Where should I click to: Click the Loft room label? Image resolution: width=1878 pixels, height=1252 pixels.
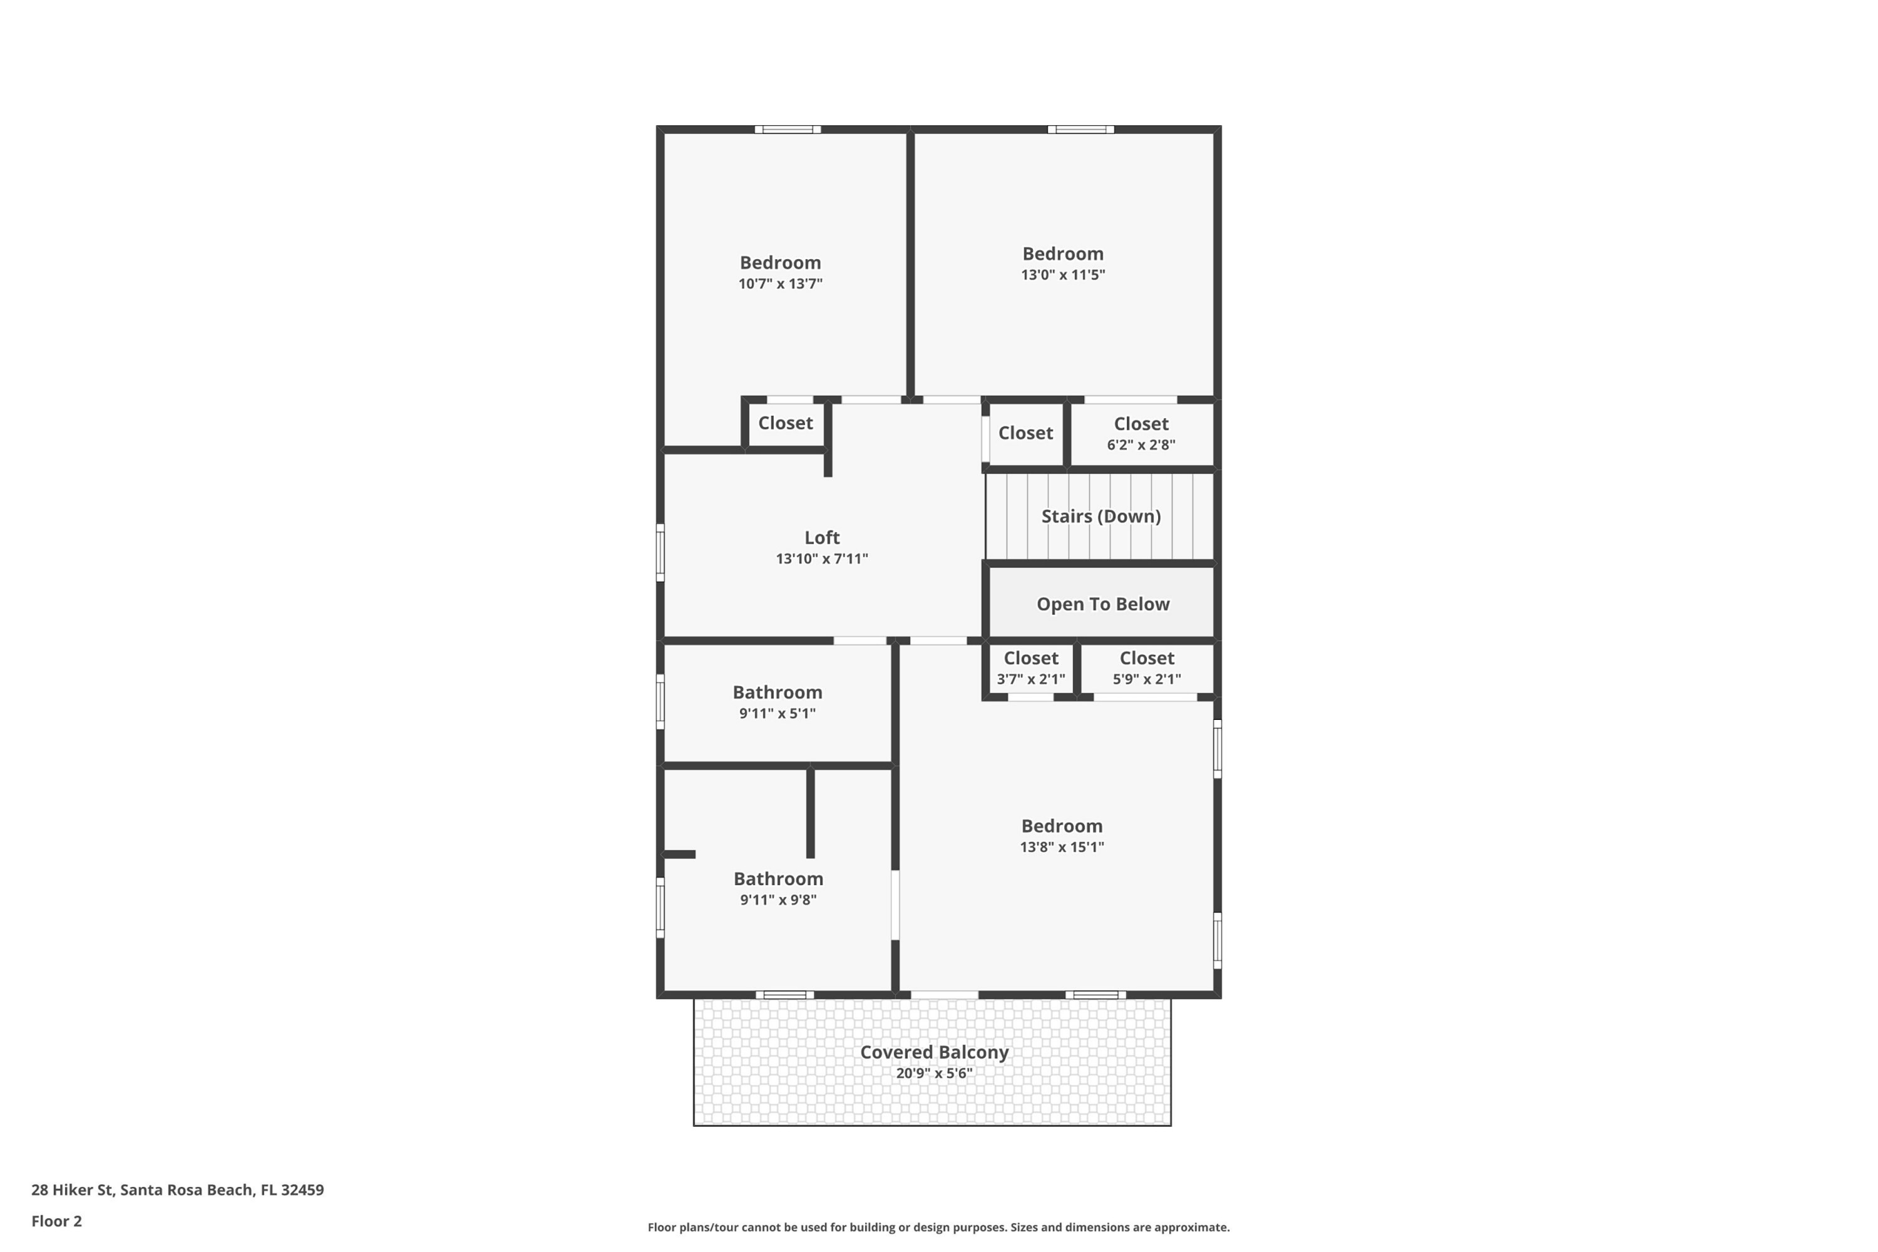(x=821, y=537)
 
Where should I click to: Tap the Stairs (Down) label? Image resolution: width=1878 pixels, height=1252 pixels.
(x=1101, y=516)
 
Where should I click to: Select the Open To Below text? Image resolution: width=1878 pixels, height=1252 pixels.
(x=1102, y=603)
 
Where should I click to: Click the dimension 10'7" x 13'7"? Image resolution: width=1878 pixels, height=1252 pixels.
(x=780, y=284)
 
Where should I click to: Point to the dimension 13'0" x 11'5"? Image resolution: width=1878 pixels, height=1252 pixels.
(x=1063, y=275)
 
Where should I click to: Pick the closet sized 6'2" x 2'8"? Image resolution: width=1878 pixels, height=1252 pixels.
(x=1141, y=434)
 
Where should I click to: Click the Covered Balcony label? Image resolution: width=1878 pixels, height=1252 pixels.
(x=933, y=1052)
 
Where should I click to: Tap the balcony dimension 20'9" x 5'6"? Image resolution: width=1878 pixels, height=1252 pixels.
(x=933, y=1073)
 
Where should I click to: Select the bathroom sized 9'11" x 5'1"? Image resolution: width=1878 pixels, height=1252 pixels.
(x=777, y=702)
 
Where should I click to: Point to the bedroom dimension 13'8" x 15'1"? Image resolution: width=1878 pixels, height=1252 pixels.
(x=1061, y=847)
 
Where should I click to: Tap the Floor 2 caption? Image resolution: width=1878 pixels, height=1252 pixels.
(x=56, y=1221)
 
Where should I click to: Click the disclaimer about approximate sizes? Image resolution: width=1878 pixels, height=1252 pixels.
(x=938, y=1227)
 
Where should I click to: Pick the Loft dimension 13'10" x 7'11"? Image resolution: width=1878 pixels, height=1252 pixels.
(x=821, y=559)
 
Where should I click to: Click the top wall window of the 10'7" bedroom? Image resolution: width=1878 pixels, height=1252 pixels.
(x=788, y=130)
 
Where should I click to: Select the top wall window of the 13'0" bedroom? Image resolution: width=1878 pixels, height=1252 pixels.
(x=1080, y=130)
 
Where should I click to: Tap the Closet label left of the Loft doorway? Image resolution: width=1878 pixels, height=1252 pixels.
(x=785, y=423)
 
